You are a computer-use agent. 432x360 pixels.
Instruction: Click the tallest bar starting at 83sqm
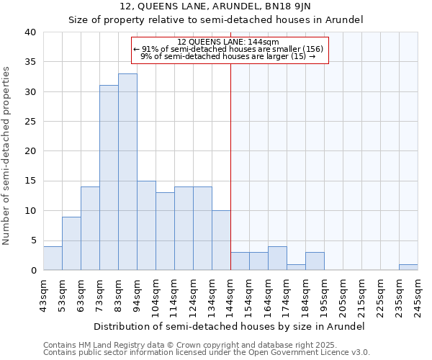tap(127, 172)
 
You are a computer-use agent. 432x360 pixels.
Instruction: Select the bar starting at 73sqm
tap(109, 178)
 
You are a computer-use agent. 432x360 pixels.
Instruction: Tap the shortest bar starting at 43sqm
tap(53, 258)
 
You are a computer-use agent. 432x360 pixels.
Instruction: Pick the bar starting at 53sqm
tap(71, 243)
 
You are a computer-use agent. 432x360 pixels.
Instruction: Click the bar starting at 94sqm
tap(146, 225)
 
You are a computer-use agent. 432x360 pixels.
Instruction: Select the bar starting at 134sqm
tap(221, 240)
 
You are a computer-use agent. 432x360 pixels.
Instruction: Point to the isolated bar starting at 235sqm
tap(408, 267)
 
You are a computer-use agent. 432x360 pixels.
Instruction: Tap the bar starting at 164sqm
tap(277, 258)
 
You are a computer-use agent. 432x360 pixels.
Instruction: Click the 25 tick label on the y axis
tap(30, 122)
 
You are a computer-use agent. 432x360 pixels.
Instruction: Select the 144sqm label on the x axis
tap(230, 293)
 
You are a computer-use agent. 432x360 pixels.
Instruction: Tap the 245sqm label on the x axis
tap(418, 293)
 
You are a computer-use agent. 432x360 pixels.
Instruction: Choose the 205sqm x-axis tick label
tap(343, 293)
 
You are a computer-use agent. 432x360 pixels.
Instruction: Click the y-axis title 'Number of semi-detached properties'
tap(7, 156)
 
